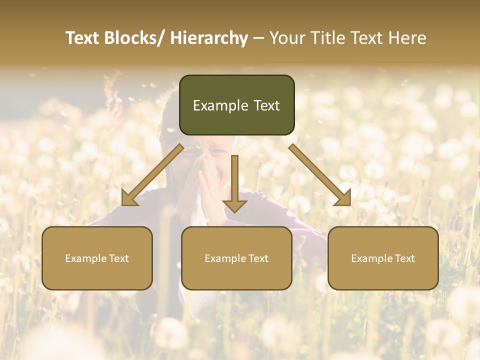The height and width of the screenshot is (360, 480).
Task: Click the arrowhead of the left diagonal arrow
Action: tap(128, 198)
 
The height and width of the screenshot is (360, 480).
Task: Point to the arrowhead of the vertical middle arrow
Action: tap(234, 204)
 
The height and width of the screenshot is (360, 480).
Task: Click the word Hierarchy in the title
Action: tap(208, 38)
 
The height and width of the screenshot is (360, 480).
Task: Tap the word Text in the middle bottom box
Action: tap(258, 258)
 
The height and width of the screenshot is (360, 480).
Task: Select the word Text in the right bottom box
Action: tap(404, 258)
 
